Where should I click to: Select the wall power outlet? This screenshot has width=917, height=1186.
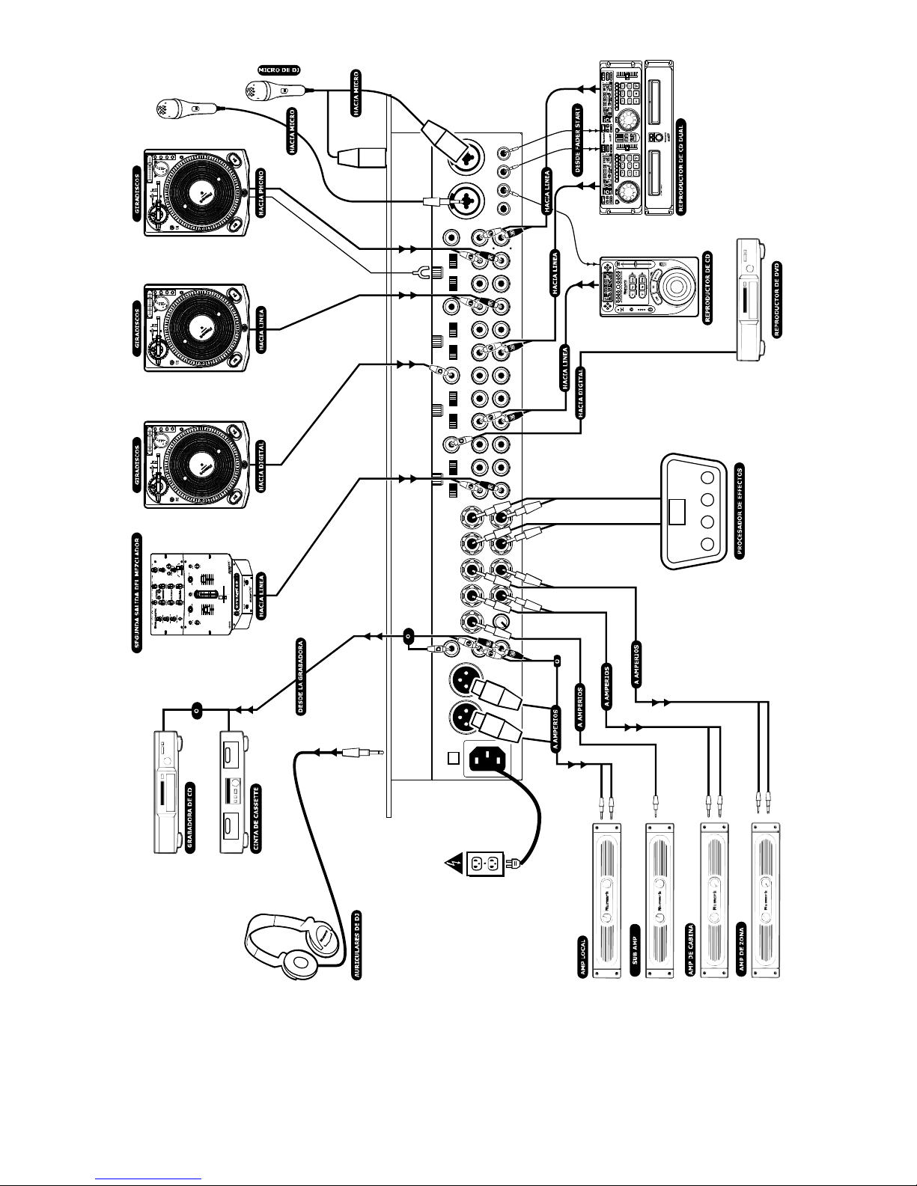pyautogui.click(x=483, y=864)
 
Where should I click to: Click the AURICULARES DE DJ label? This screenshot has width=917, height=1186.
pyautogui.click(x=357, y=944)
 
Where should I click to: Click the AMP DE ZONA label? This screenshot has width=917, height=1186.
pyautogui.click(x=741, y=946)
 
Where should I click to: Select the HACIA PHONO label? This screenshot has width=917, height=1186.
pyautogui.click(x=262, y=192)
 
